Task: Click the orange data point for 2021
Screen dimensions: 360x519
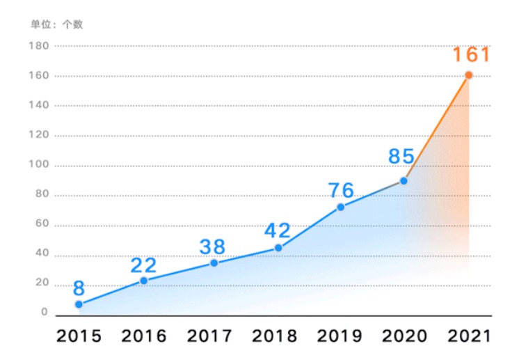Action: click(468, 75)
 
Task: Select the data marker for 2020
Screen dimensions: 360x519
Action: click(404, 181)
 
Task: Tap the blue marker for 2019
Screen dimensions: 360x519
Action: click(341, 207)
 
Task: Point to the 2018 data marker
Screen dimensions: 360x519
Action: click(278, 248)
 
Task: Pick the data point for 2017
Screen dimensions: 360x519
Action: click(214, 263)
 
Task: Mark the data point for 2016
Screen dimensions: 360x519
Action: click(143, 281)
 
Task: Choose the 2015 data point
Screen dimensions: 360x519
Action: click(79, 304)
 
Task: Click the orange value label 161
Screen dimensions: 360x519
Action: click(471, 55)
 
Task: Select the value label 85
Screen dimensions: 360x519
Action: click(401, 156)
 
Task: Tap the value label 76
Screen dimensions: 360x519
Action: click(341, 190)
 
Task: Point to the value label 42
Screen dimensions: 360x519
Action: click(278, 230)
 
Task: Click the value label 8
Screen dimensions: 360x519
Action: click(79, 288)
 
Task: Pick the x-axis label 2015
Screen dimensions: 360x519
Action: click(79, 336)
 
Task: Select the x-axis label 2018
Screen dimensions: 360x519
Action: click(274, 336)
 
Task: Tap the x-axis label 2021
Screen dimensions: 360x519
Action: click(470, 336)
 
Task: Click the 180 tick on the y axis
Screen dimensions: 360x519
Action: click(39, 46)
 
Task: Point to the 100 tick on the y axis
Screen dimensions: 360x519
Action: click(39, 165)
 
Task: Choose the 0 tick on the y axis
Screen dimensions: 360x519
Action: click(45, 313)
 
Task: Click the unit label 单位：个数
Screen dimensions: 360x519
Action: click(56, 24)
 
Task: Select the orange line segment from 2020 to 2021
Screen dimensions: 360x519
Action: click(436, 128)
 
